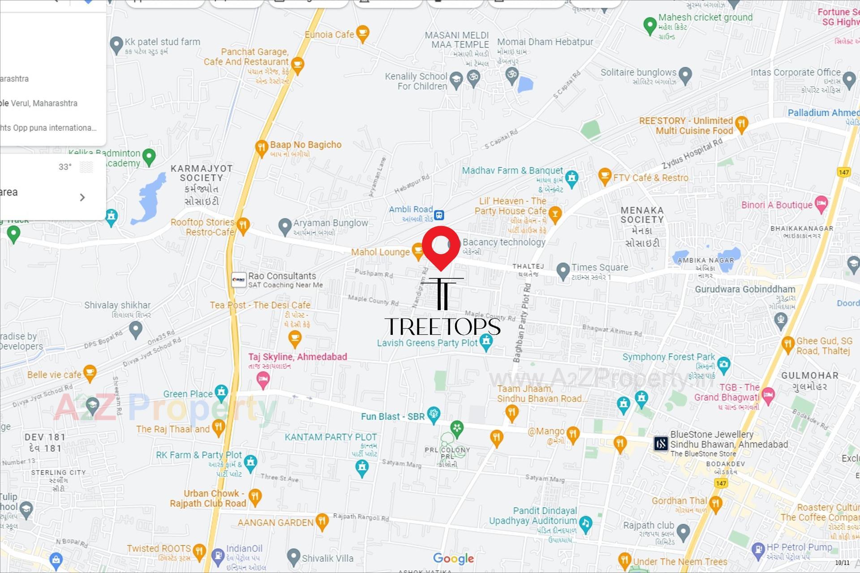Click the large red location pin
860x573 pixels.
(441, 245)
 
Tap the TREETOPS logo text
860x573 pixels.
(442, 326)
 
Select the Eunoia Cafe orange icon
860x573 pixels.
(362, 34)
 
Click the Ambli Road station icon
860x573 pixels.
(439, 215)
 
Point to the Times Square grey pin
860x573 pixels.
(563, 270)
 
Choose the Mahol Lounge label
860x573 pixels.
(380, 252)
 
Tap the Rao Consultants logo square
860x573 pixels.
(239, 280)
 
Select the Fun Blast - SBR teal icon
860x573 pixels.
(434, 415)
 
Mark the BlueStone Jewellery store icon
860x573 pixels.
(661, 444)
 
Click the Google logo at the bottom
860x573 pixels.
(453, 558)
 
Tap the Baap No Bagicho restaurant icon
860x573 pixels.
(261, 147)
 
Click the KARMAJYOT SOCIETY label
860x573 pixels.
(202, 173)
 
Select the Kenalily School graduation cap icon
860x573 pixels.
(456, 80)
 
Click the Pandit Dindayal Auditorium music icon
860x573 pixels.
(585, 523)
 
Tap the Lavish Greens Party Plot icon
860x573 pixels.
(486, 342)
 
